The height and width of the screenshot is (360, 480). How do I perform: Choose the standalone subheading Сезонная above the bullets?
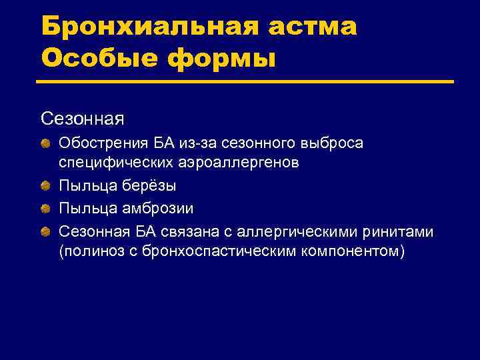point(82,118)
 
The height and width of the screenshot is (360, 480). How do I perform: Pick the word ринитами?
point(401,231)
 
